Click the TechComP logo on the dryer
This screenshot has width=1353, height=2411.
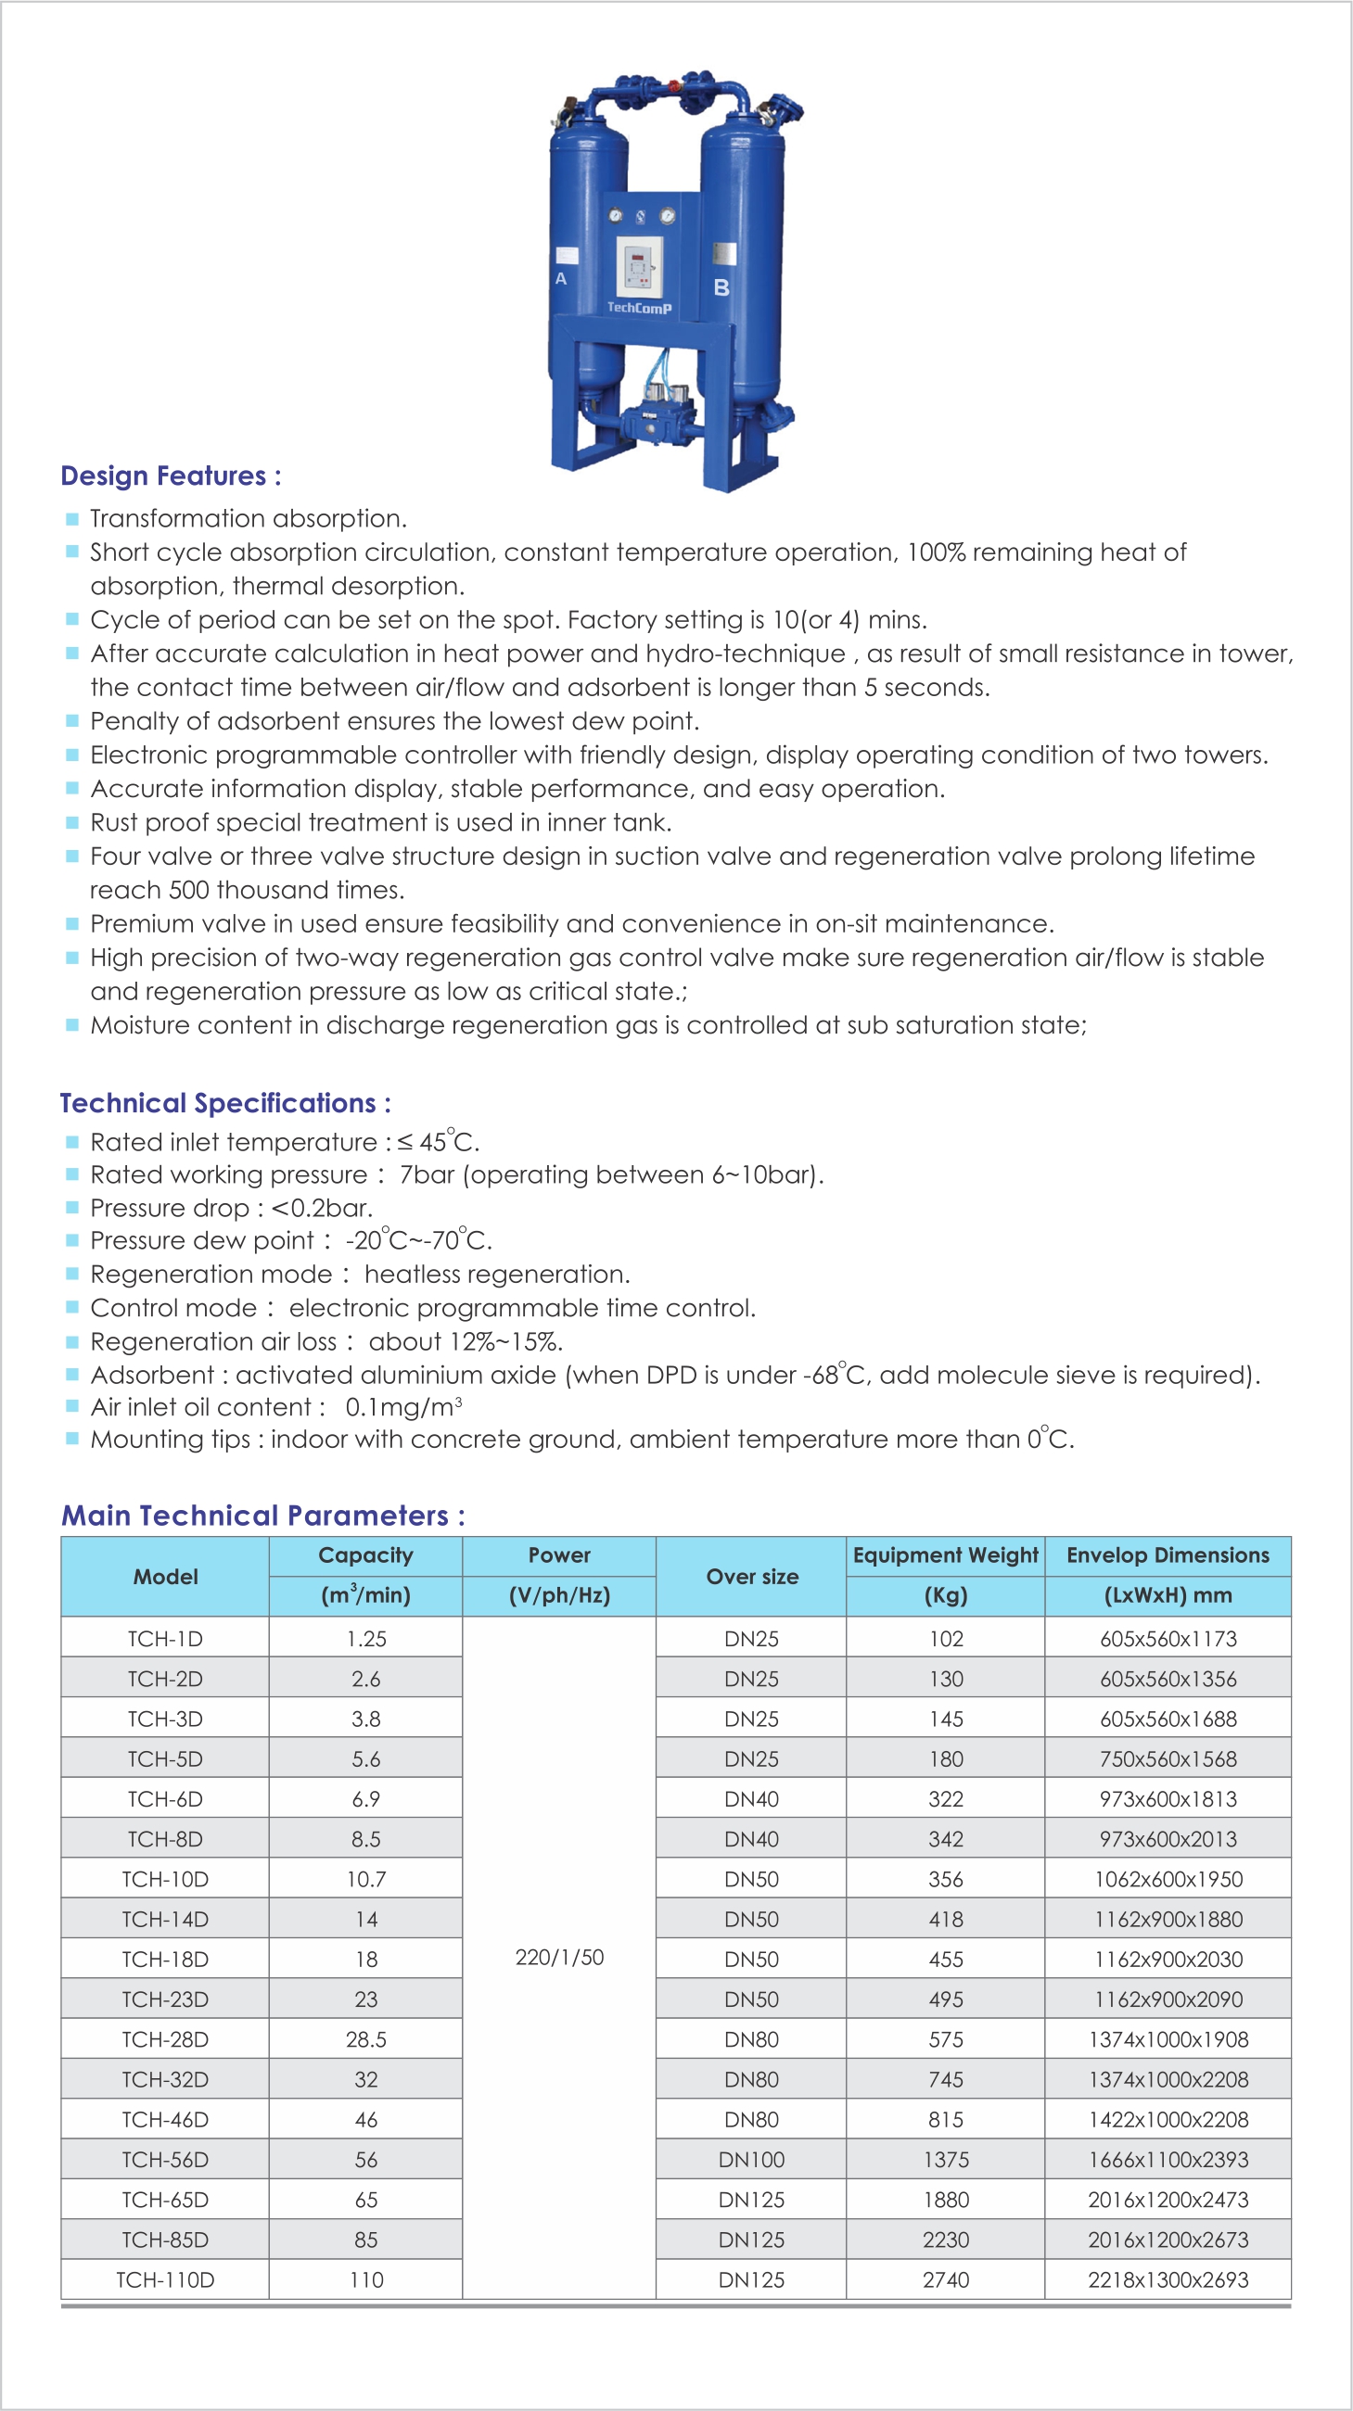click(639, 307)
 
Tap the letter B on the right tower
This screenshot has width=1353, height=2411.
click(721, 287)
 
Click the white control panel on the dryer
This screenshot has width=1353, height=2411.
click(640, 266)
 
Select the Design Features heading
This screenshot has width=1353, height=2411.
click(171, 476)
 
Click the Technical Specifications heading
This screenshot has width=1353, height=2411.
click(224, 1102)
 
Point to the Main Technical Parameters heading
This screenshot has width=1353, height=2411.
click(262, 1516)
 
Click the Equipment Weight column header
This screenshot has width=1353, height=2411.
click(945, 1554)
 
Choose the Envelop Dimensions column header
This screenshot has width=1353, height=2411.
click(1167, 1554)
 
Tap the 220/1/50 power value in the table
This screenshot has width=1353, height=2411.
click(559, 1957)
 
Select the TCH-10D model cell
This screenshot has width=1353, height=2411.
click(165, 1878)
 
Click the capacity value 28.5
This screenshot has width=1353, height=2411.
click(365, 2039)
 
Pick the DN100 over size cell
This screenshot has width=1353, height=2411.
click(751, 2159)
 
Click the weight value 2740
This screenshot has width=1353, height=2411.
click(945, 2280)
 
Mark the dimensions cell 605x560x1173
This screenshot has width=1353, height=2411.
click(1168, 1639)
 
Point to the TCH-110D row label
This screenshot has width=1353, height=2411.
click(165, 2280)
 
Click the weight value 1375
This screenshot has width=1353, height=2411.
click(945, 2159)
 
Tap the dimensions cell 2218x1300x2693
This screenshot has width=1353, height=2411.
click(1168, 2280)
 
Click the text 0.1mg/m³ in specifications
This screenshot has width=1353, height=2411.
click(402, 1407)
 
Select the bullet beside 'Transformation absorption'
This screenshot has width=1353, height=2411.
click(72, 518)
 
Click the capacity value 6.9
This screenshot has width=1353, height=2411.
click(365, 1799)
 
